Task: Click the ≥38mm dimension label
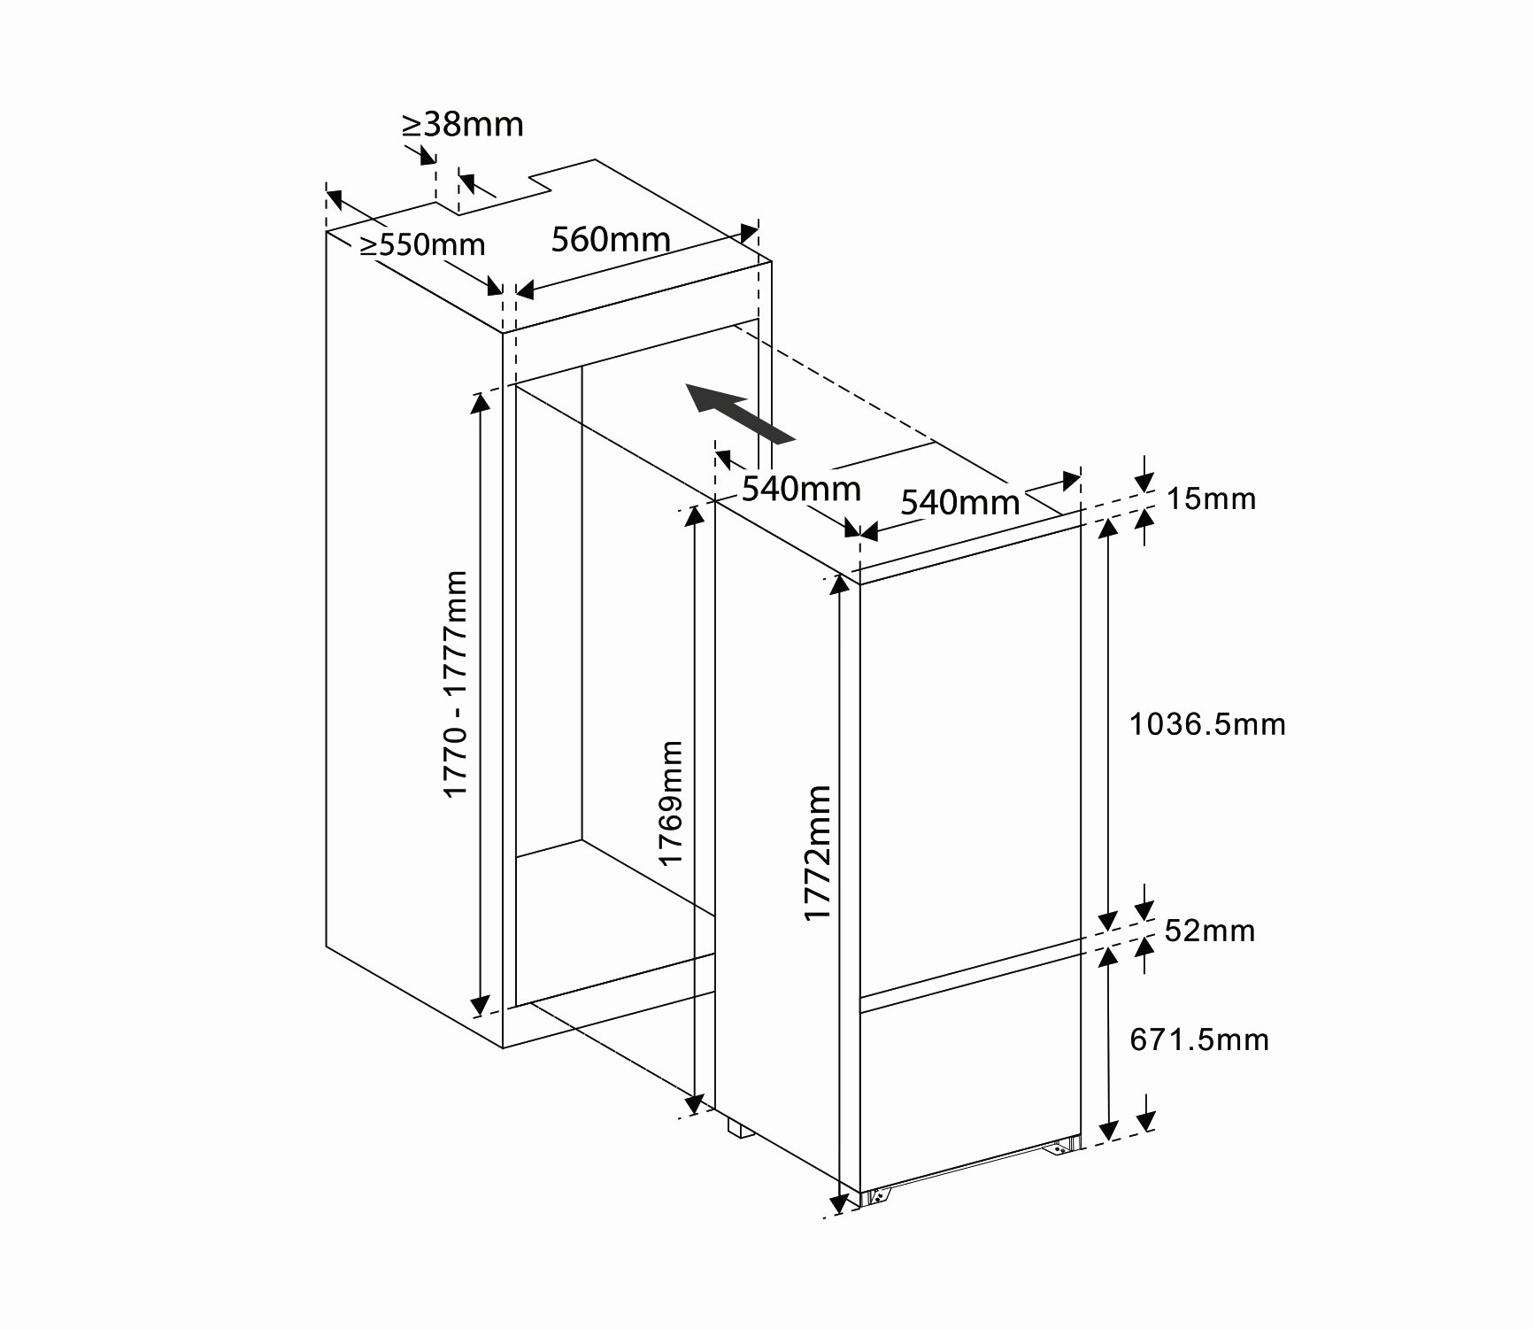(463, 125)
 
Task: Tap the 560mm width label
(611, 238)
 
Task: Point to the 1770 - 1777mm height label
(455, 684)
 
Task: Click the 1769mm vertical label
(670, 803)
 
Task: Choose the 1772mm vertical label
(818, 853)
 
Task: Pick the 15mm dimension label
(1211, 498)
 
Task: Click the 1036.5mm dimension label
(1207, 724)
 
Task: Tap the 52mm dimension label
(1209, 931)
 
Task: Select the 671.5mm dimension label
(1199, 1039)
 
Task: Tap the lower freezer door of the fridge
(971, 1072)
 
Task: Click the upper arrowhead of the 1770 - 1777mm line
(480, 403)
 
